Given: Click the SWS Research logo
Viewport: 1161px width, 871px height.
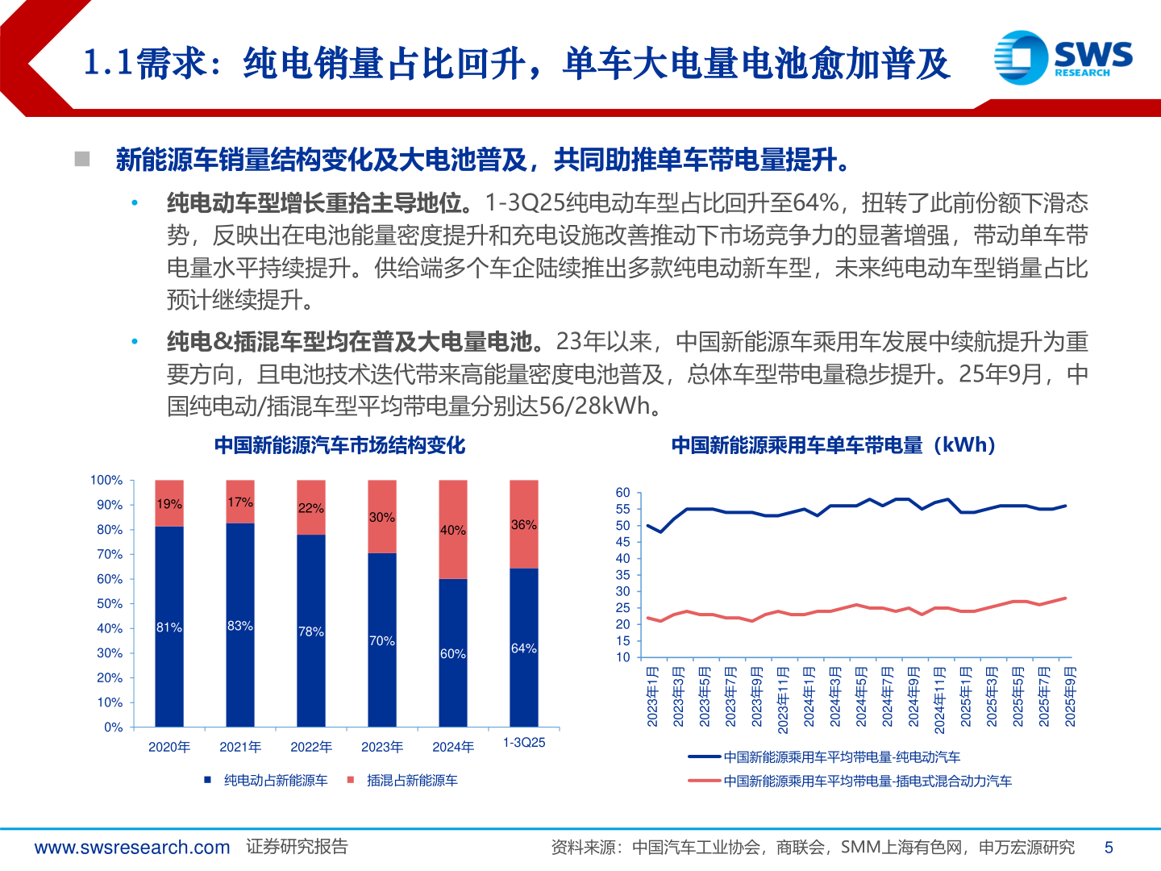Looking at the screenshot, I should (1063, 57).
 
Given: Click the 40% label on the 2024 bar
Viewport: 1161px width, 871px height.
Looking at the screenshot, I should (452, 530).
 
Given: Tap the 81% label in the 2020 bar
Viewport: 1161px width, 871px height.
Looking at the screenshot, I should (169, 627).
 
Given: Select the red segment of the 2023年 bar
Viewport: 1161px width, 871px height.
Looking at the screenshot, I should (381, 516).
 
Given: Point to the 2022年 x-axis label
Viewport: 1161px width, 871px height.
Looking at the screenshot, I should (311, 747).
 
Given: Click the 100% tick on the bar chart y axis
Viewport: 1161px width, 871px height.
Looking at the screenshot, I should (106, 480).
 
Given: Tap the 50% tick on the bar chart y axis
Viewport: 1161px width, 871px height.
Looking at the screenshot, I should (109, 603).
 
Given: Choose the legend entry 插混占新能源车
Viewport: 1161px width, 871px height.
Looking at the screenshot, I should (411, 780).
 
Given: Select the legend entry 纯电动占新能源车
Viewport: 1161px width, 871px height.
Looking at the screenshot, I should (275, 780).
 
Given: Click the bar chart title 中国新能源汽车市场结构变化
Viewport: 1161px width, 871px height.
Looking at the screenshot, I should (339, 445).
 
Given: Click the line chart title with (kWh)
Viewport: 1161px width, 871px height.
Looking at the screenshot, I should (834, 445).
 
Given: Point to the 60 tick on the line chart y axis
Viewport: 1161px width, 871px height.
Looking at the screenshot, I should (622, 492).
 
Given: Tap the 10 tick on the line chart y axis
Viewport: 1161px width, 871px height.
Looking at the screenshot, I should (622, 656).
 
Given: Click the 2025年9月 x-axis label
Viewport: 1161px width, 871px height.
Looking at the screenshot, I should (1070, 696).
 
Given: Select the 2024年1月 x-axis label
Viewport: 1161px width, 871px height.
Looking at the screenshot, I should (809, 696).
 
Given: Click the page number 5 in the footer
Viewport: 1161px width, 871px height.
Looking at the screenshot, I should (1109, 847).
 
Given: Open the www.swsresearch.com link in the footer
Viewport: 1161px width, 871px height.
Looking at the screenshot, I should (132, 847).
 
